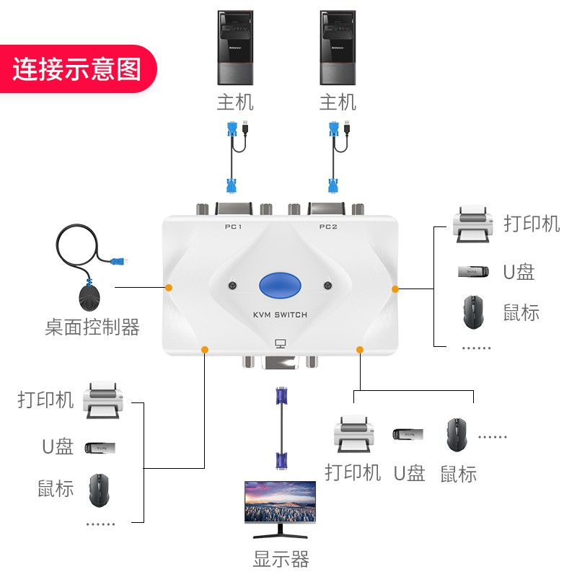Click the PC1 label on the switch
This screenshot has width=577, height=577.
(x=232, y=227)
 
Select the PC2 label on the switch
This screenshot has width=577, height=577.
(x=328, y=227)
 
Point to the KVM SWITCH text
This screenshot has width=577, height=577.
(x=280, y=314)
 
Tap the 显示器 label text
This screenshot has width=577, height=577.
(x=281, y=559)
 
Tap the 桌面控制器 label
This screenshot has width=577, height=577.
(x=92, y=328)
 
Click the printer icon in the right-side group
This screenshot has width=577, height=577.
(x=472, y=223)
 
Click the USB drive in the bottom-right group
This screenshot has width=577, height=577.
(x=408, y=434)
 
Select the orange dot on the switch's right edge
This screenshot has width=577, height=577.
(x=395, y=288)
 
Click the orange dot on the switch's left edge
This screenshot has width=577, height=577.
(x=169, y=287)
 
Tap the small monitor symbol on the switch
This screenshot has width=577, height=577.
(x=281, y=345)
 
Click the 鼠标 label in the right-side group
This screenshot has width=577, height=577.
(x=521, y=313)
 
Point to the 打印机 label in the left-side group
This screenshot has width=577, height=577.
(x=46, y=400)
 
